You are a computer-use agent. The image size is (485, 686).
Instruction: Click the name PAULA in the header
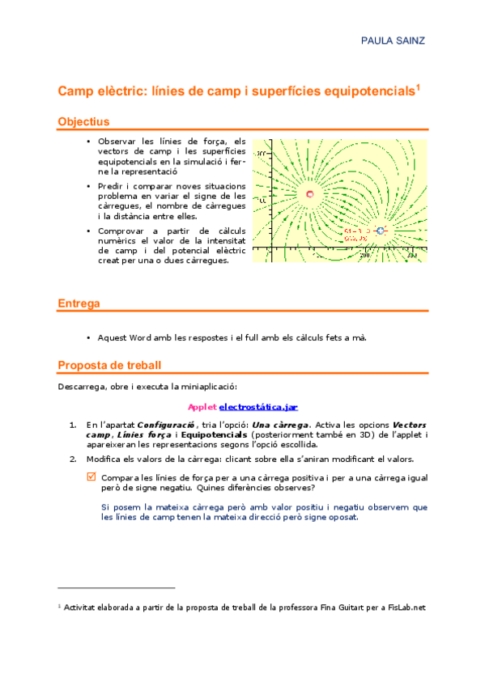coord(377,40)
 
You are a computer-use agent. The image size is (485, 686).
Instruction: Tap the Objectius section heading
coord(83,121)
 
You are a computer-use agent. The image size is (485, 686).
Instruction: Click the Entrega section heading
coord(79,303)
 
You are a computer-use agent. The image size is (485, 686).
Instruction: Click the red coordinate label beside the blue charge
coord(357,235)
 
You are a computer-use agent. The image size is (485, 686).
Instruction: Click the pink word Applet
coord(202,406)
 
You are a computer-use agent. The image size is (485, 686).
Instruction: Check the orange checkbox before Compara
coord(91,477)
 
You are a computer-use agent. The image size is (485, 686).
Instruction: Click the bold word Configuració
coord(166,425)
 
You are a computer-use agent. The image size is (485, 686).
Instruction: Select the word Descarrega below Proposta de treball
coord(82,387)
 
